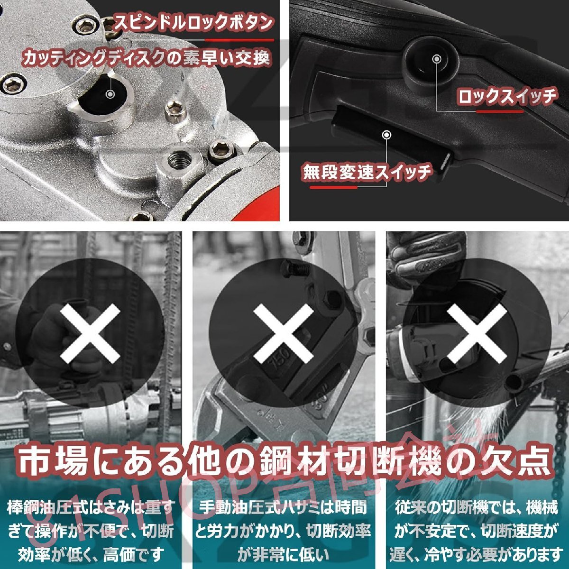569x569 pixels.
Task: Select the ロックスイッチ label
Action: tap(506, 97)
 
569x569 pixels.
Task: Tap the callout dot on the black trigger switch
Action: tap(387, 135)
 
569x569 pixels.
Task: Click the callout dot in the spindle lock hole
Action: tap(110, 94)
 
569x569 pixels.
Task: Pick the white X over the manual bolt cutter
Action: tap(284, 332)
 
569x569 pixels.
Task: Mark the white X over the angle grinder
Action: tap(477, 332)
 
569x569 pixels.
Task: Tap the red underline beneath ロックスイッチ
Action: tap(500, 112)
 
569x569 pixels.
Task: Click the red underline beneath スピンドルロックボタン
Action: tap(256, 40)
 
